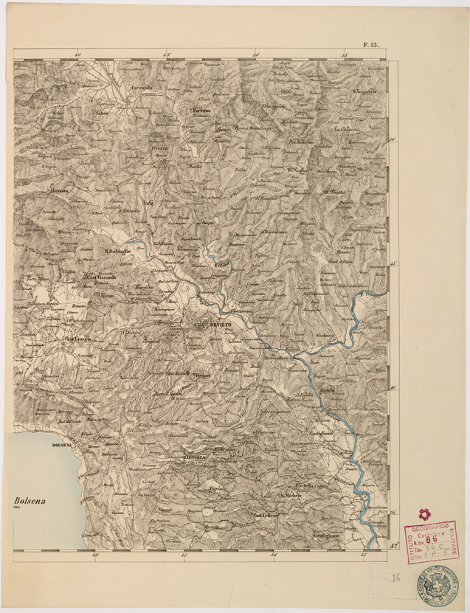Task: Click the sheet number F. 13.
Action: click(x=370, y=45)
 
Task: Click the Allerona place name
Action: click(x=58, y=190)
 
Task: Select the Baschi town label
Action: click(x=328, y=389)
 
